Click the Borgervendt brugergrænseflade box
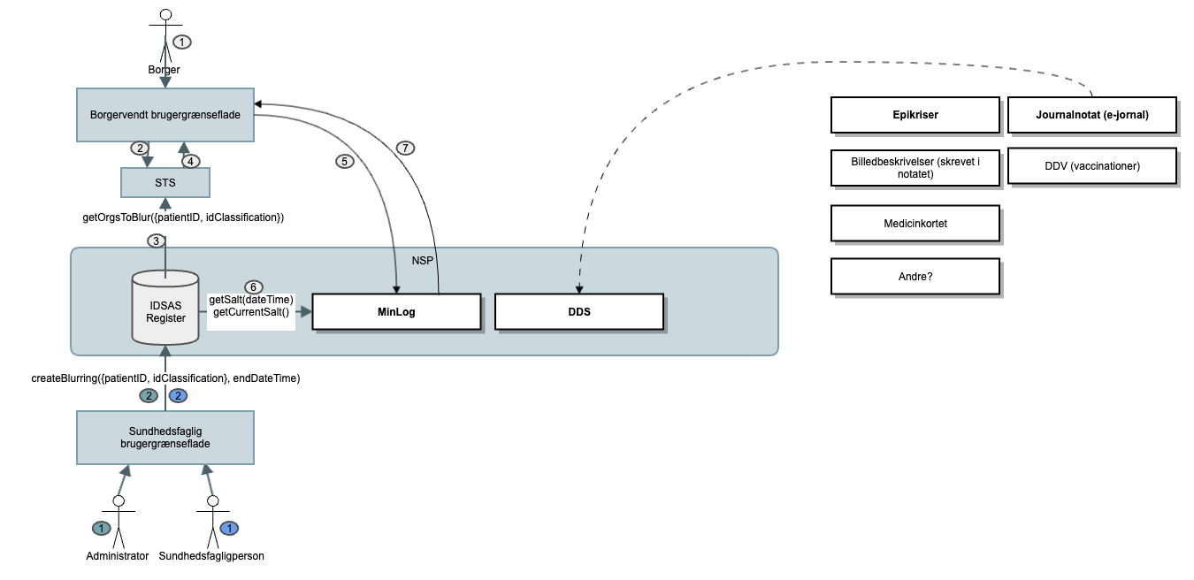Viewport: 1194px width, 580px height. (165, 115)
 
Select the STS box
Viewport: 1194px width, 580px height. (165, 182)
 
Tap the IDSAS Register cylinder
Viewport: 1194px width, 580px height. (165, 310)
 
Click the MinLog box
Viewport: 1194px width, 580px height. (397, 312)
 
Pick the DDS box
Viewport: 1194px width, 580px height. (579, 312)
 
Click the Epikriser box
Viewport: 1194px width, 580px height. (915, 115)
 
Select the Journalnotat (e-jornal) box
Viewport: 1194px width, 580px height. (1092, 115)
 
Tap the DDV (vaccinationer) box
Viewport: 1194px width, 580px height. (1092, 166)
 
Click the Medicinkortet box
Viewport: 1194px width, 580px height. (915, 224)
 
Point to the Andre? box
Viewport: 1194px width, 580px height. (915, 276)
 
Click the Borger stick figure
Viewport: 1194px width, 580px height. (165, 35)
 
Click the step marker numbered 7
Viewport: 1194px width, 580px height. (404, 148)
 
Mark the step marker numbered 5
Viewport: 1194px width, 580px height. (344, 162)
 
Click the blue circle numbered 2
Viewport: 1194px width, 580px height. (179, 395)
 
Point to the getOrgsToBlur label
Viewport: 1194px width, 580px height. (165, 217)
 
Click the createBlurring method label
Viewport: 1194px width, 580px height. (165, 378)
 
